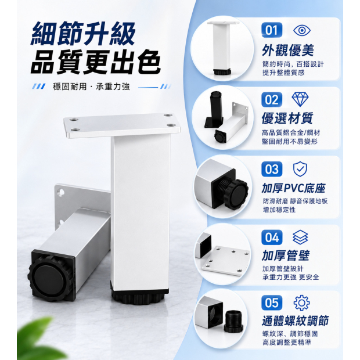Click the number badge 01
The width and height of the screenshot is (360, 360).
[272, 30]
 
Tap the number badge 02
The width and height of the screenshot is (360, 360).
[272, 99]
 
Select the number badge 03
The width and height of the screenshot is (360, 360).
[272, 169]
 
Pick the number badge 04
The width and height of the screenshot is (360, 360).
[272, 237]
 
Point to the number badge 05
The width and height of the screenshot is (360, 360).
[272, 303]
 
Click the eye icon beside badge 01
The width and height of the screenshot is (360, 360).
[302, 30]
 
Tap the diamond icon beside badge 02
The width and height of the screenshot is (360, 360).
[300, 99]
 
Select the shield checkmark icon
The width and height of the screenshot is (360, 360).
[300, 169]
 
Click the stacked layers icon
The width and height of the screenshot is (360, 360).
[300, 237]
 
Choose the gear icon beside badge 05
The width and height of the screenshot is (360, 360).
[302, 303]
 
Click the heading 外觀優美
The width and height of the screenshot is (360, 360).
[287, 50]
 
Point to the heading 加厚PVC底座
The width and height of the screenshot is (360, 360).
[293, 188]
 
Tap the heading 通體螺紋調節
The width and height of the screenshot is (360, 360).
[295, 321]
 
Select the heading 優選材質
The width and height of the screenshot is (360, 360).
[287, 118]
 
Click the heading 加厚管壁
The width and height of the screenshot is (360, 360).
[286, 255]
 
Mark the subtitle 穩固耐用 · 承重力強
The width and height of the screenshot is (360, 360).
[91, 87]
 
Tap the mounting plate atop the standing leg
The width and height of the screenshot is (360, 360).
[122, 125]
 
